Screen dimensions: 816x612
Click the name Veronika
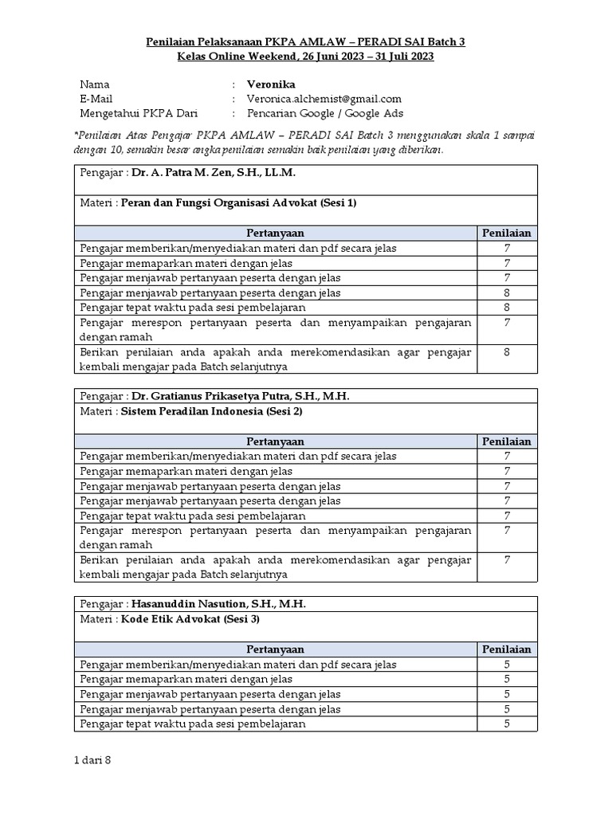271,84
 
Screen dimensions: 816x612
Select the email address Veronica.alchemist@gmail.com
324,98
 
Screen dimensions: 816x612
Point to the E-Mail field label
98,98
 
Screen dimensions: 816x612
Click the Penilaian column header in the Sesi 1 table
507,233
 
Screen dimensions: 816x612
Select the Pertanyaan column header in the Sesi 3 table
275,649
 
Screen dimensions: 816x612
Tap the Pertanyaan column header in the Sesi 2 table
275,441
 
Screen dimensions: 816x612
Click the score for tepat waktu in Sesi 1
507,307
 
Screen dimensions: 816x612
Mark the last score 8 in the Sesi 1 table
507,351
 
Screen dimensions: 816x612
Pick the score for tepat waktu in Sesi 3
507,724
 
